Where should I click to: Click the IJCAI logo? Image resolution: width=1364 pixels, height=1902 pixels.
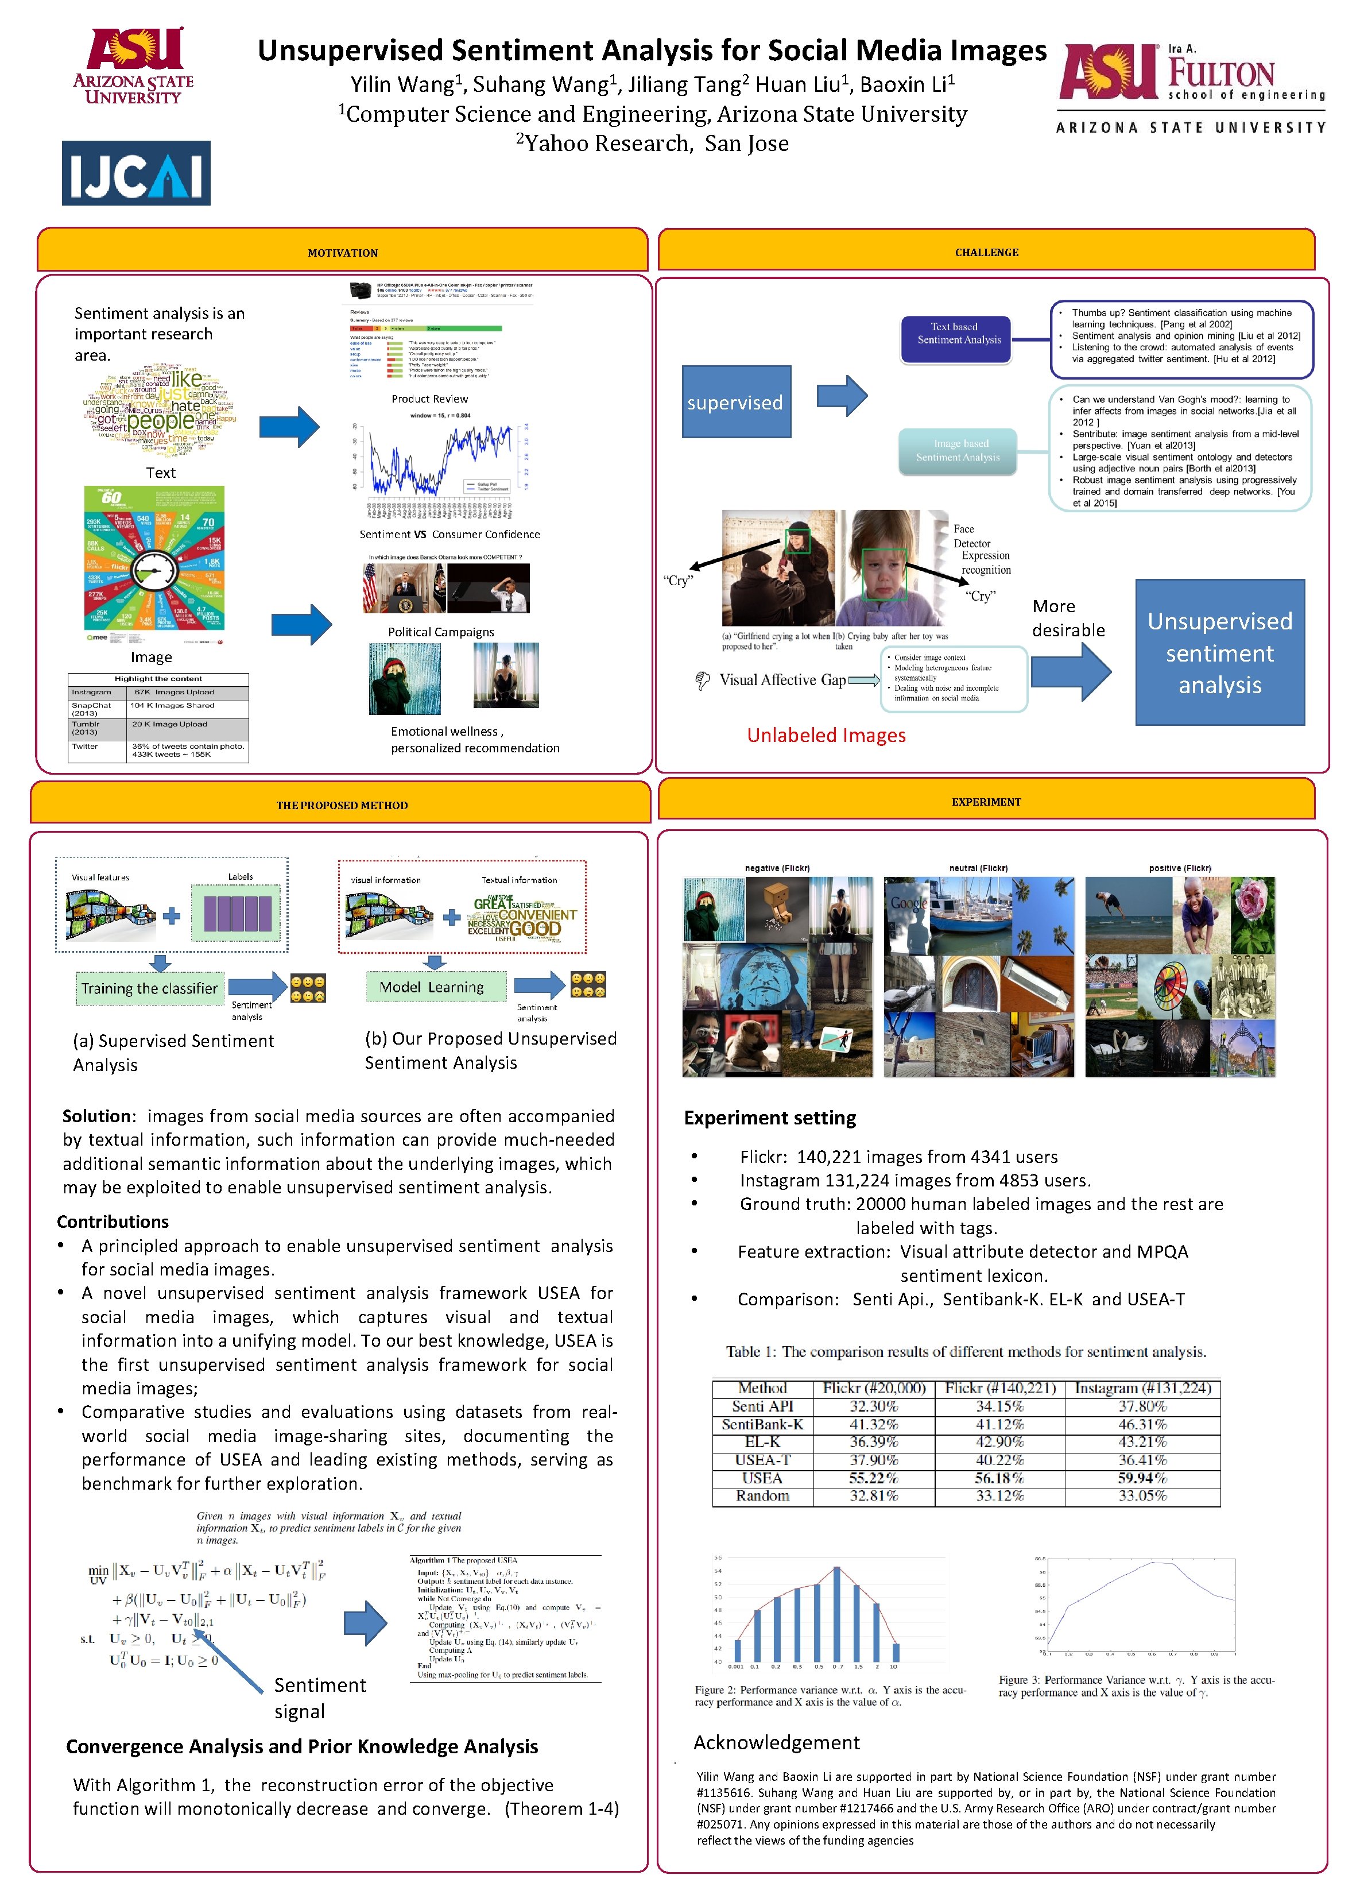coord(136,173)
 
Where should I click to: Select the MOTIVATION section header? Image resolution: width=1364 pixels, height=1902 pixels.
coord(342,253)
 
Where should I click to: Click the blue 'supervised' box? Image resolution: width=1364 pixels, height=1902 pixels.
coord(735,401)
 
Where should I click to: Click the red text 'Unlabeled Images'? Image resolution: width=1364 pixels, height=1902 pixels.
coord(826,736)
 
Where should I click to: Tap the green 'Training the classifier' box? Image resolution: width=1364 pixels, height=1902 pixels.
coord(149,988)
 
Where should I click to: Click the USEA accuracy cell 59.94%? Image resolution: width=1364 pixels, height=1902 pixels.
coord(1141,1478)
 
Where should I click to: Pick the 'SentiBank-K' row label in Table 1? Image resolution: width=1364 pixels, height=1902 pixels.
coord(762,1424)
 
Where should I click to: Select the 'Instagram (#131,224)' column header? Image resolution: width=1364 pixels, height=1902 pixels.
coord(1142,1388)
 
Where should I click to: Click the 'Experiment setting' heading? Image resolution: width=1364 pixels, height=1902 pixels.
coord(770,1118)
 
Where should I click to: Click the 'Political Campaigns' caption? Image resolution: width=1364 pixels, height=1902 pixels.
coord(440,632)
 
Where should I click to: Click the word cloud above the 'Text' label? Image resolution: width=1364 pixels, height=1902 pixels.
coord(160,409)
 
